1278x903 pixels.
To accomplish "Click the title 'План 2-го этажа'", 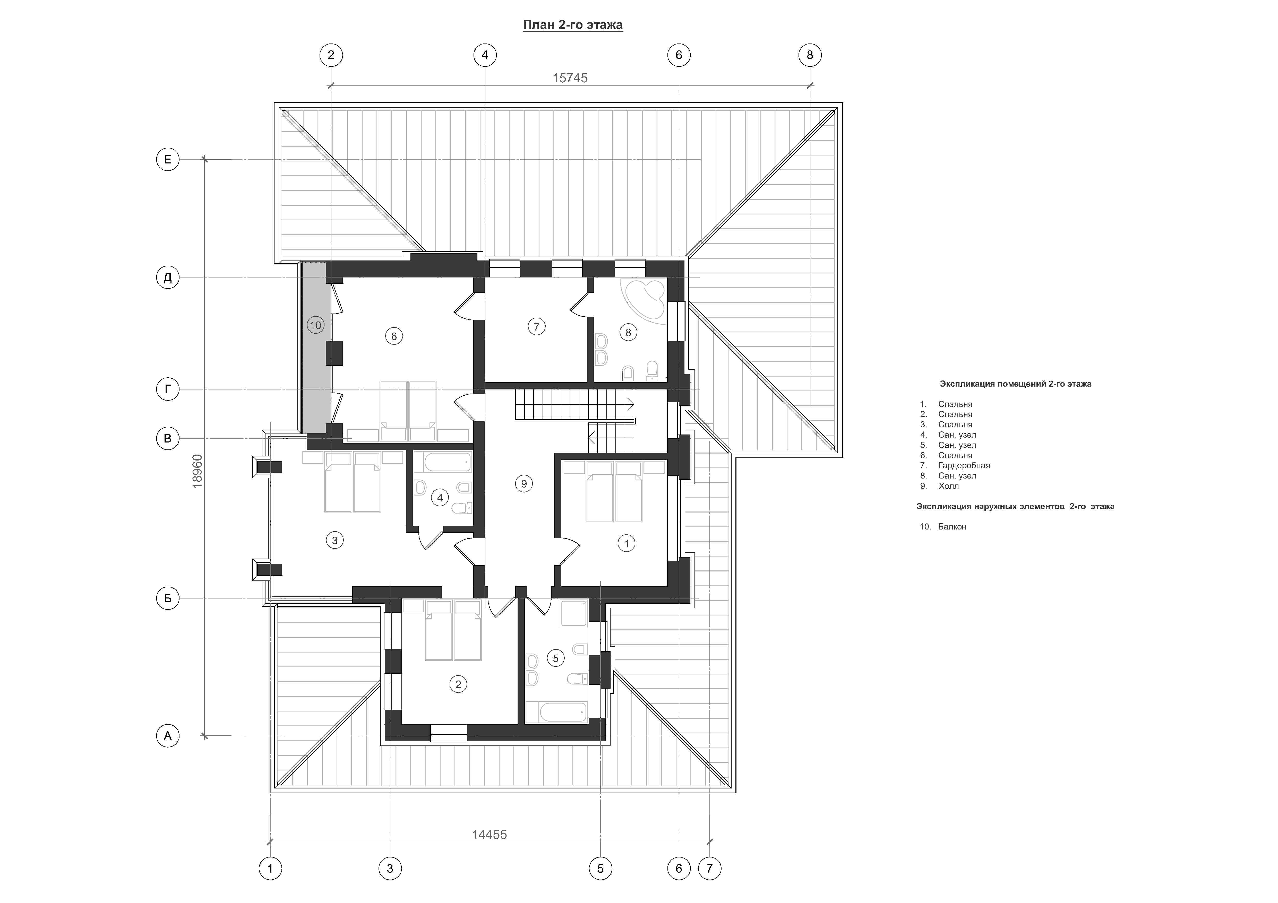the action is point(573,25).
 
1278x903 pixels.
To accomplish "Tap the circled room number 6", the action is point(394,336).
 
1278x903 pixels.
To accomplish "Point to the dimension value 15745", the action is point(570,78).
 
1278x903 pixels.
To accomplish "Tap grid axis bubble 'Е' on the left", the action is point(168,160).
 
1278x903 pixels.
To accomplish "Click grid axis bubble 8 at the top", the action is point(810,55).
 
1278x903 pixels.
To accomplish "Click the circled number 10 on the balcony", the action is point(316,325).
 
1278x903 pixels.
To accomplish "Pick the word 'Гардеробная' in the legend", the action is point(964,465).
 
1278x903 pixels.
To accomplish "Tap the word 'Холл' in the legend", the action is point(948,486).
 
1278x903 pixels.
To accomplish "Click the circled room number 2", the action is point(458,684).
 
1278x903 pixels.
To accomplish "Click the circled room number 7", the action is point(537,327).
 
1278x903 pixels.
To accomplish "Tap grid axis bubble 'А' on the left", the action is point(168,736).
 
